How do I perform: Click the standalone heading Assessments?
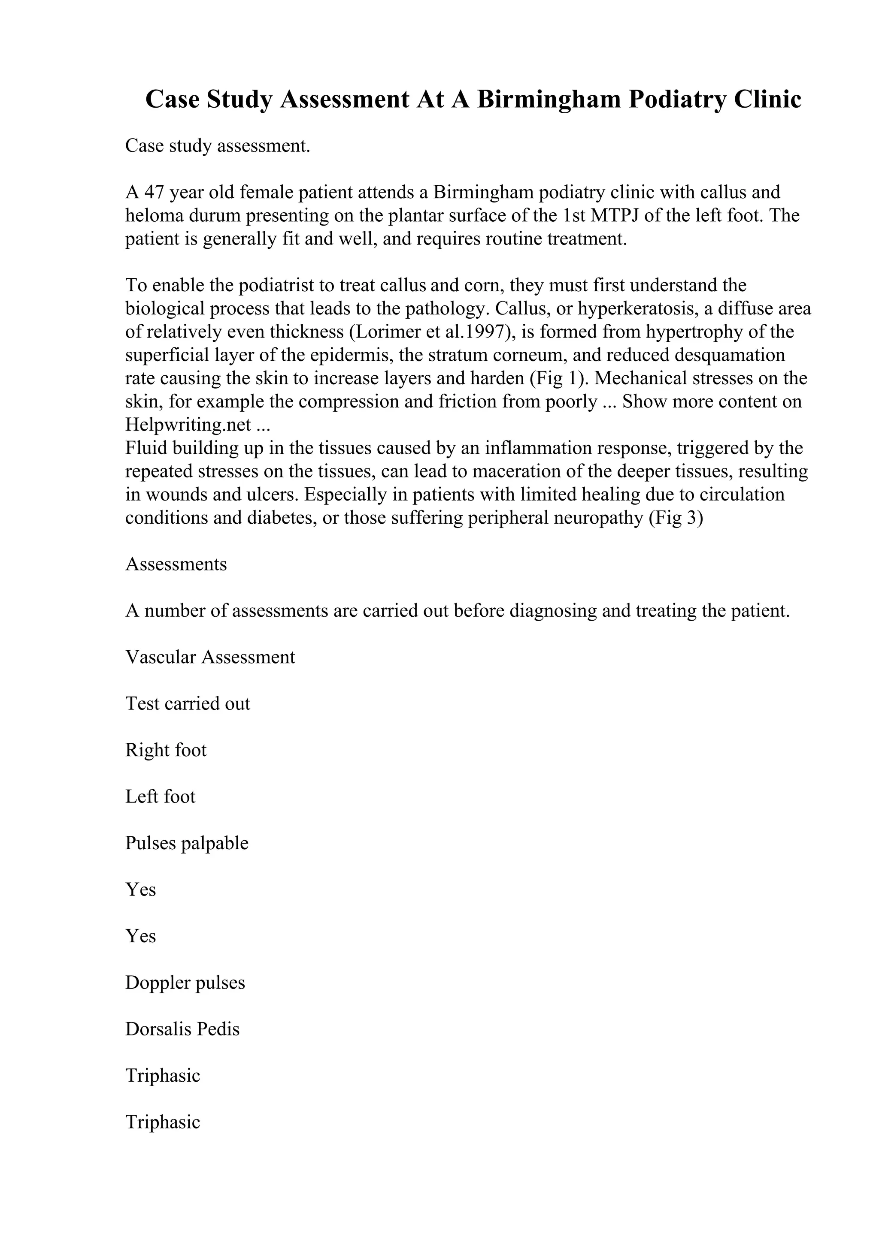coord(176,564)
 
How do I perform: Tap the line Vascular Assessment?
coord(210,657)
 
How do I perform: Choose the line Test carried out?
coord(188,704)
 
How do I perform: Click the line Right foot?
coord(166,750)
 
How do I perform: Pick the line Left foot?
coord(161,797)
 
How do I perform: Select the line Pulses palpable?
coord(186,843)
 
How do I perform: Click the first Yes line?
coord(140,890)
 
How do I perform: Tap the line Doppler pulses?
coord(185,983)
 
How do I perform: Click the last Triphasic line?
coord(163,1122)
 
